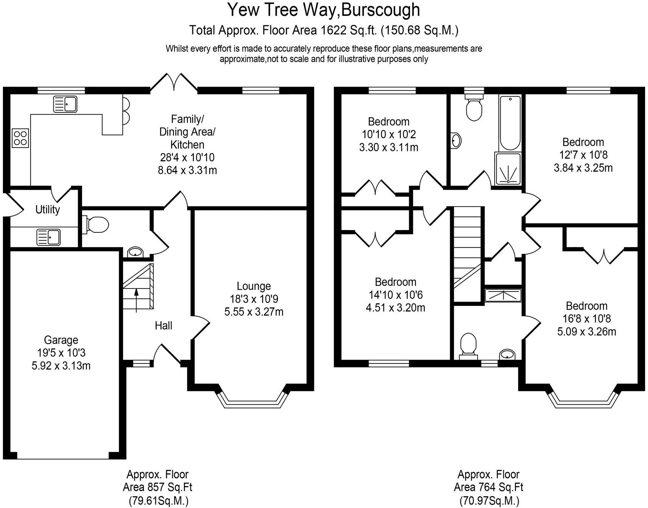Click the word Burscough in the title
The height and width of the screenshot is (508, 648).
(x=380, y=10)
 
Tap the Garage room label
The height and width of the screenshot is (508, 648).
(x=61, y=340)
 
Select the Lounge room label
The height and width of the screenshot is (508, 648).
(x=254, y=286)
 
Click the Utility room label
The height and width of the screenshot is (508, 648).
(x=48, y=209)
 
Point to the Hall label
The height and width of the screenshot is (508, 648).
(x=164, y=326)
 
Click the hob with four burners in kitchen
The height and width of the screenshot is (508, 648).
(x=20, y=138)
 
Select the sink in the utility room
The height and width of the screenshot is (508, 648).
(x=48, y=237)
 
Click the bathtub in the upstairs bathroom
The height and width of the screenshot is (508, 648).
(x=510, y=123)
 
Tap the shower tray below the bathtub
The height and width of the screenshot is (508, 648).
(x=508, y=169)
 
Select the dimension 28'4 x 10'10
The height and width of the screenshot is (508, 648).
(x=187, y=157)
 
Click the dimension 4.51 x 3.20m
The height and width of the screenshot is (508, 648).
(x=396, y=308)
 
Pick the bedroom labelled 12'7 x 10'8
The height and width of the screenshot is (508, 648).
(x=583, y=142)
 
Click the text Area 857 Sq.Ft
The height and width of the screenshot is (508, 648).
(x=157, y=487)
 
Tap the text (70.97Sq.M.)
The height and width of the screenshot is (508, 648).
(x=489, y=501)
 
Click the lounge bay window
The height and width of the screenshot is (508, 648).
(x=252, y=403)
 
